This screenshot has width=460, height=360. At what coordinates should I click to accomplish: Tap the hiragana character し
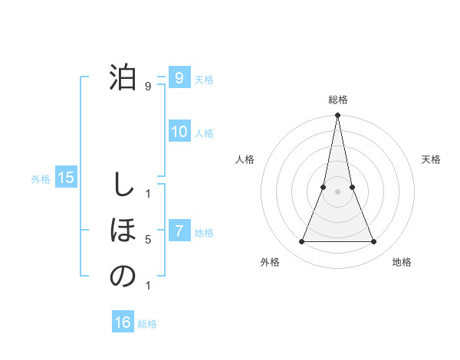point(123,185)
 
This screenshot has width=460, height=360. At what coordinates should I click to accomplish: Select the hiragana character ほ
point(123,231)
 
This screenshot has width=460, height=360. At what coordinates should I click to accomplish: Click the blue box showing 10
point(179,132)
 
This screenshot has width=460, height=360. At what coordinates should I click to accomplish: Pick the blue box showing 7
point(179,231)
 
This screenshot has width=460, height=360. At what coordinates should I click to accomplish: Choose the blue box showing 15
point(66,178)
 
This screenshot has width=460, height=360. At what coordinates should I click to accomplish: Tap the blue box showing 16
point(123,322)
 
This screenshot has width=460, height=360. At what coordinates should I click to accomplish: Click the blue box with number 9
point(179,78)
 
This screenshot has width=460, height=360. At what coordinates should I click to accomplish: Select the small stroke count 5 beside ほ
point(148,240)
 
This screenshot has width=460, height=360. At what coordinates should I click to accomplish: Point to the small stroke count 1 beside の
point(148,286)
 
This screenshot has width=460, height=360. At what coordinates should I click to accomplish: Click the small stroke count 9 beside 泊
point(148,87)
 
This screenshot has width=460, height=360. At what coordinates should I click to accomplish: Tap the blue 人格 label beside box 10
point(204,133)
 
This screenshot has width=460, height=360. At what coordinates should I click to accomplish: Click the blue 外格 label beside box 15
point(41,179)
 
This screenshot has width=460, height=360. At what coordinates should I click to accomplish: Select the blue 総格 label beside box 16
point(147,324)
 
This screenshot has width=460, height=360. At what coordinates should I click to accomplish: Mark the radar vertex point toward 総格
point(337,116)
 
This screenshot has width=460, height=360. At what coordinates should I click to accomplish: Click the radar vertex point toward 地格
point(373,242)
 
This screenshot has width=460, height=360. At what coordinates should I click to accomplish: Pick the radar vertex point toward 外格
point(301,242)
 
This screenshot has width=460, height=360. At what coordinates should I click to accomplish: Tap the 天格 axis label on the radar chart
point(432,159)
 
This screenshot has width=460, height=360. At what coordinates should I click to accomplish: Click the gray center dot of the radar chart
point(337,192)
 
